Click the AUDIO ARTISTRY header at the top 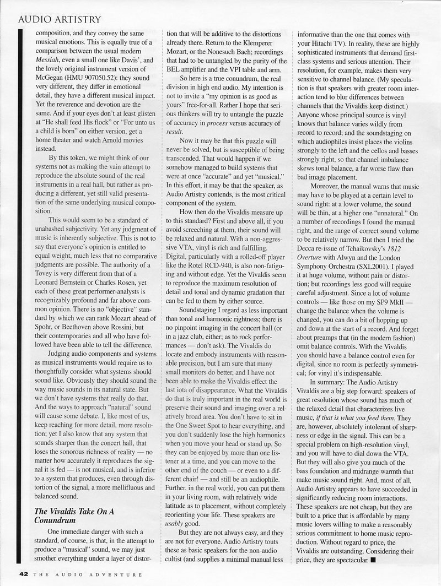click(x=60, y=20)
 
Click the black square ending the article click(x=373, y=560)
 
